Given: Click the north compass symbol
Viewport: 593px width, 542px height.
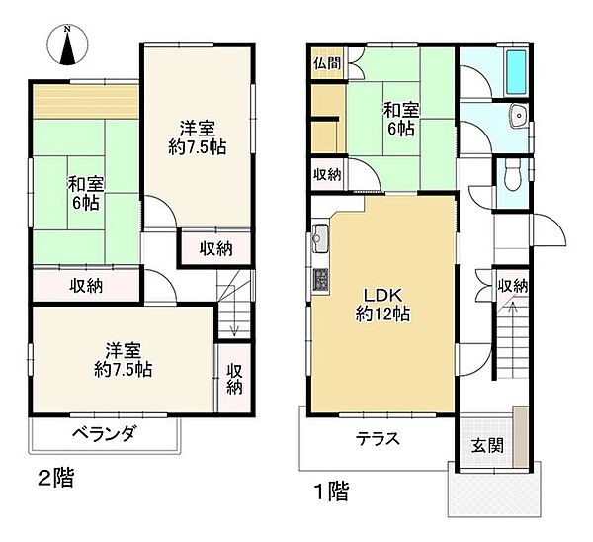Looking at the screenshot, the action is [x=68, y=45].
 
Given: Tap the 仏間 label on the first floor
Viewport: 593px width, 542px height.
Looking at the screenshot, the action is [x=327, y=63].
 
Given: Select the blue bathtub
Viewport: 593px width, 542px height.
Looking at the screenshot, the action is [x=517, y=72].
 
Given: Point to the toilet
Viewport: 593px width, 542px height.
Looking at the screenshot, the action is [x=514, y=175].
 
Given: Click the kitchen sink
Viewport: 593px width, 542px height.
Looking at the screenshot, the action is [x=321, y=238].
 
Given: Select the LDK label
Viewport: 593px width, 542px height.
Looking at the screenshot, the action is [x=381, y=295].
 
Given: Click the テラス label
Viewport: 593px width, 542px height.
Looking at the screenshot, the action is [x=378, y=439].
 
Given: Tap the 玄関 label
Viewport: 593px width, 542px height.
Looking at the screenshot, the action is [x=488, y=446].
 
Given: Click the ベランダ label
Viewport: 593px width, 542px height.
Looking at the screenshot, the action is [x=104, y=433].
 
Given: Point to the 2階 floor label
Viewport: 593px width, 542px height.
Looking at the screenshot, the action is [x=56, y=478].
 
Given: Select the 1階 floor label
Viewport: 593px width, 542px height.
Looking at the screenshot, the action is [x=332, y=492].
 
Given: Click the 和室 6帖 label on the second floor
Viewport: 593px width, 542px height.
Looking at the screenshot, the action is [x=85, y=194].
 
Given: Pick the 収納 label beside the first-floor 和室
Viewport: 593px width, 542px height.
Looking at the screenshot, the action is [x=327, y=174].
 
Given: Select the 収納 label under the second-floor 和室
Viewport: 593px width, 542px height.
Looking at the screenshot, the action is [x=86, y=286].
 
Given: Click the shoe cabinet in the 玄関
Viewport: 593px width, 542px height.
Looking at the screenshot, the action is [x=521, y=437].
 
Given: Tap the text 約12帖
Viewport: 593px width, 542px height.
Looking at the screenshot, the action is [x=382, y=315].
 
